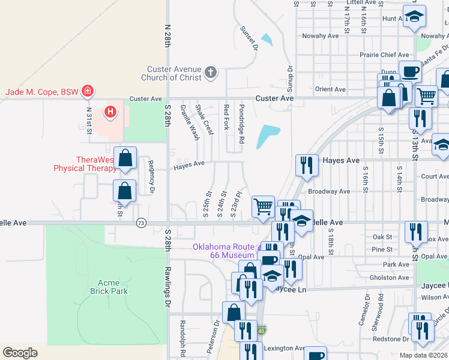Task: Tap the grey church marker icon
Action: [210, 73]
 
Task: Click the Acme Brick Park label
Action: [109, 286]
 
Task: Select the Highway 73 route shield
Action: [141, 223]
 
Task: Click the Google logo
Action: [20, 352]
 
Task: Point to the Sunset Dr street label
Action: [248, 37]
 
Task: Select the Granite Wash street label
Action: [190, 122]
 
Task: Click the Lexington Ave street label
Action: [285, 348]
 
